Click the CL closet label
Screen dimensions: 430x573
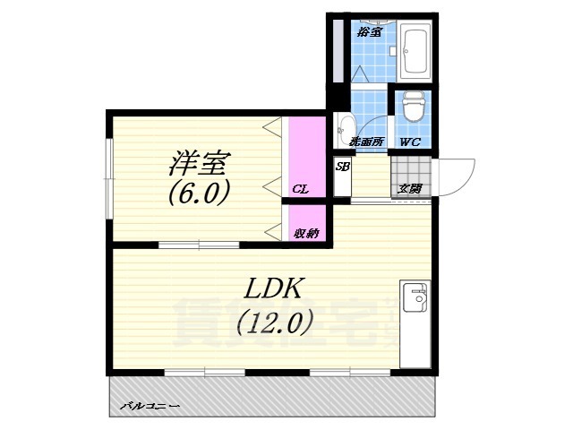pos(301,189)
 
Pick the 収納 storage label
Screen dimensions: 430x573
pos(305,233)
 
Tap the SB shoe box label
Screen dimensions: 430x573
pos(342,167)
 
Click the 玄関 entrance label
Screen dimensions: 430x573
pos(410,188)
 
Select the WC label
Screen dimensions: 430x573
pos(410,142)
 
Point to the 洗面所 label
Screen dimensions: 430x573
pos(366,142)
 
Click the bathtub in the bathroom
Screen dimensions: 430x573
pos(415,51)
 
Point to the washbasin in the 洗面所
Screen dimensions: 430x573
pos(346,128)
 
